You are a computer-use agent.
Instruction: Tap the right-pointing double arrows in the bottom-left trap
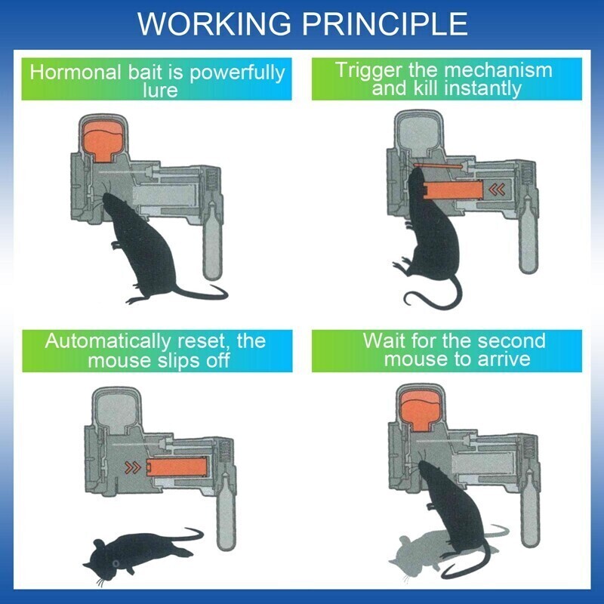(133, 468)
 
